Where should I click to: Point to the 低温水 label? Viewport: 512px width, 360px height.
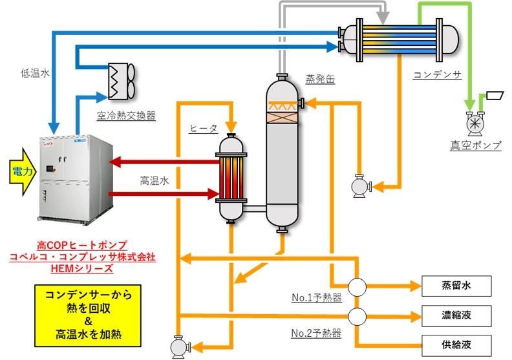35,74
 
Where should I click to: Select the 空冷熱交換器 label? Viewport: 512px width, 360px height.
126,116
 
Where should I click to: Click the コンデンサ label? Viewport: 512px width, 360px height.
437,75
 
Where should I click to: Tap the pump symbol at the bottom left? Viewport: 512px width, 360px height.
178,346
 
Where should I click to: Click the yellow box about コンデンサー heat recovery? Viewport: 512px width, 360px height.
88,315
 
